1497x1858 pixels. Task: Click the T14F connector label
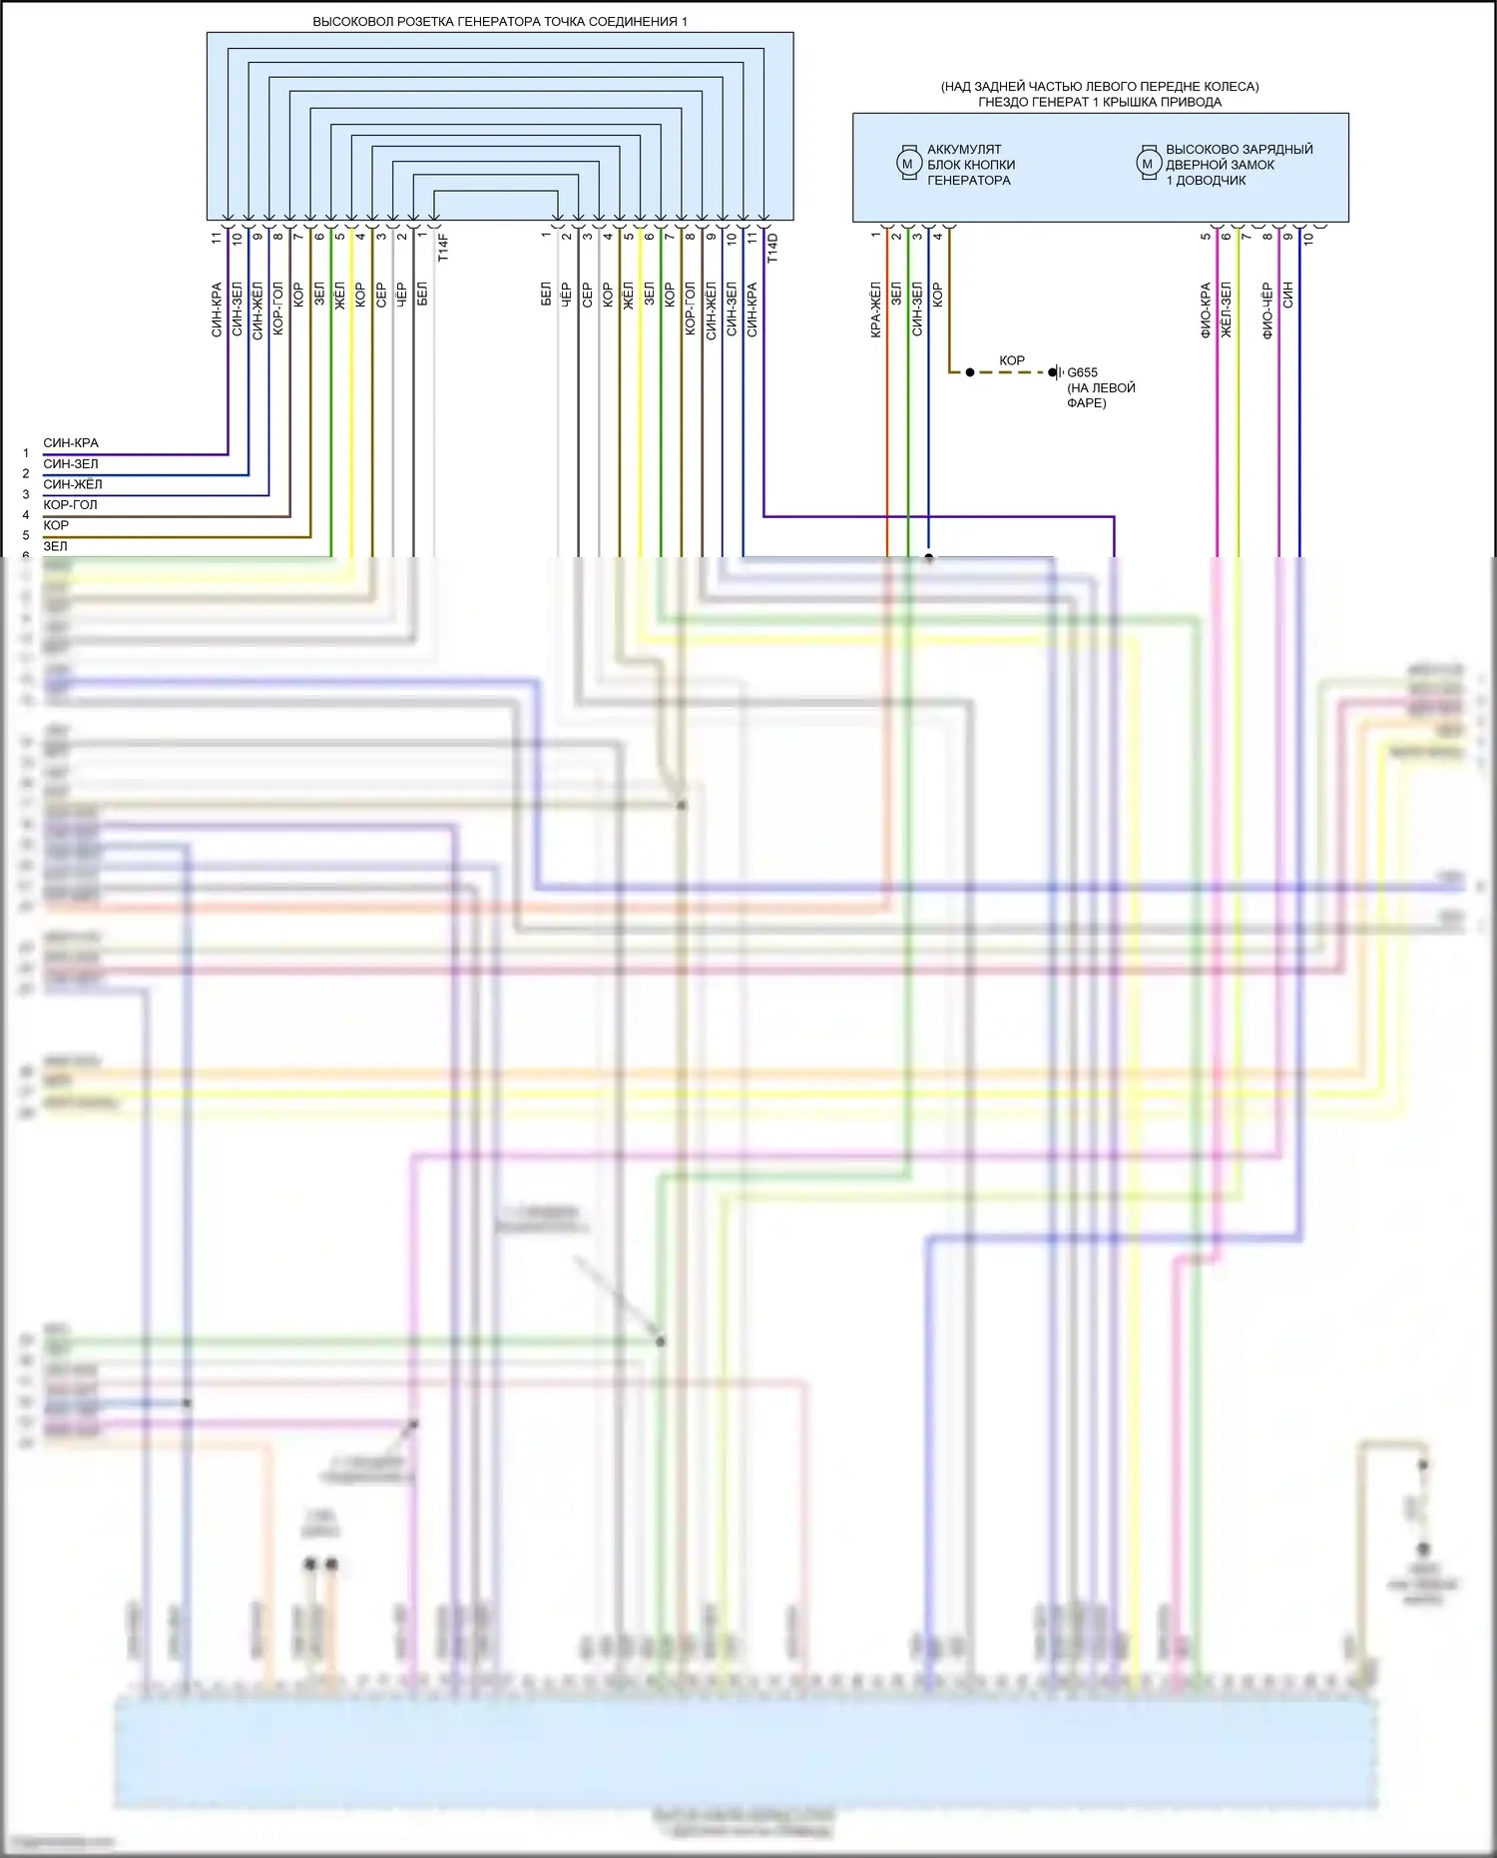(443, 247)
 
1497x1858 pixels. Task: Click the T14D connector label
(772, 248)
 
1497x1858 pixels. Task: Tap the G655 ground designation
(1083, 372)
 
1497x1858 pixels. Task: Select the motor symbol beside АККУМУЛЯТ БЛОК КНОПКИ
(907, 164)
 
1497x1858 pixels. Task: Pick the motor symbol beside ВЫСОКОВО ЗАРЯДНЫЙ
(1148, 164)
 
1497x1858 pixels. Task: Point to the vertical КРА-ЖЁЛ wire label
(875, 310)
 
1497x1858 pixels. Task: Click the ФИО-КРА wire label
(1206, 310)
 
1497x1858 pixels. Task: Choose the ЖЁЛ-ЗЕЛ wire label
(1227, 310)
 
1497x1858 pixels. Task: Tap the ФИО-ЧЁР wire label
(1267, 310)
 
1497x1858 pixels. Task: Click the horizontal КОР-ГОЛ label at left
(70, 505)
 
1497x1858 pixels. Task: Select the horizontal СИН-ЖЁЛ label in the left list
(72, 484)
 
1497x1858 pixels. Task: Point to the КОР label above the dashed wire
(1012, 360)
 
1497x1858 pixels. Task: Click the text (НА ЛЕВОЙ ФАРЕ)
(1100, 395)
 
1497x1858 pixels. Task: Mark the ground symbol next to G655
(1057, 372)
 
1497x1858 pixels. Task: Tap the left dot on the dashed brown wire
(970, 372)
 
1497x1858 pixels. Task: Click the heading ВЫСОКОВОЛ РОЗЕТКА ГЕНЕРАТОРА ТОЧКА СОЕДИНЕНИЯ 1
(500, 21)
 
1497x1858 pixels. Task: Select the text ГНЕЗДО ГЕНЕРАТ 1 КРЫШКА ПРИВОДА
(1099, 102)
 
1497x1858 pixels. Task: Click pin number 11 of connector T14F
(217, 238)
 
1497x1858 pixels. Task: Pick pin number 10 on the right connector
(1308, 238)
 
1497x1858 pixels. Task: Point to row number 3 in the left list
(26, 494)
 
